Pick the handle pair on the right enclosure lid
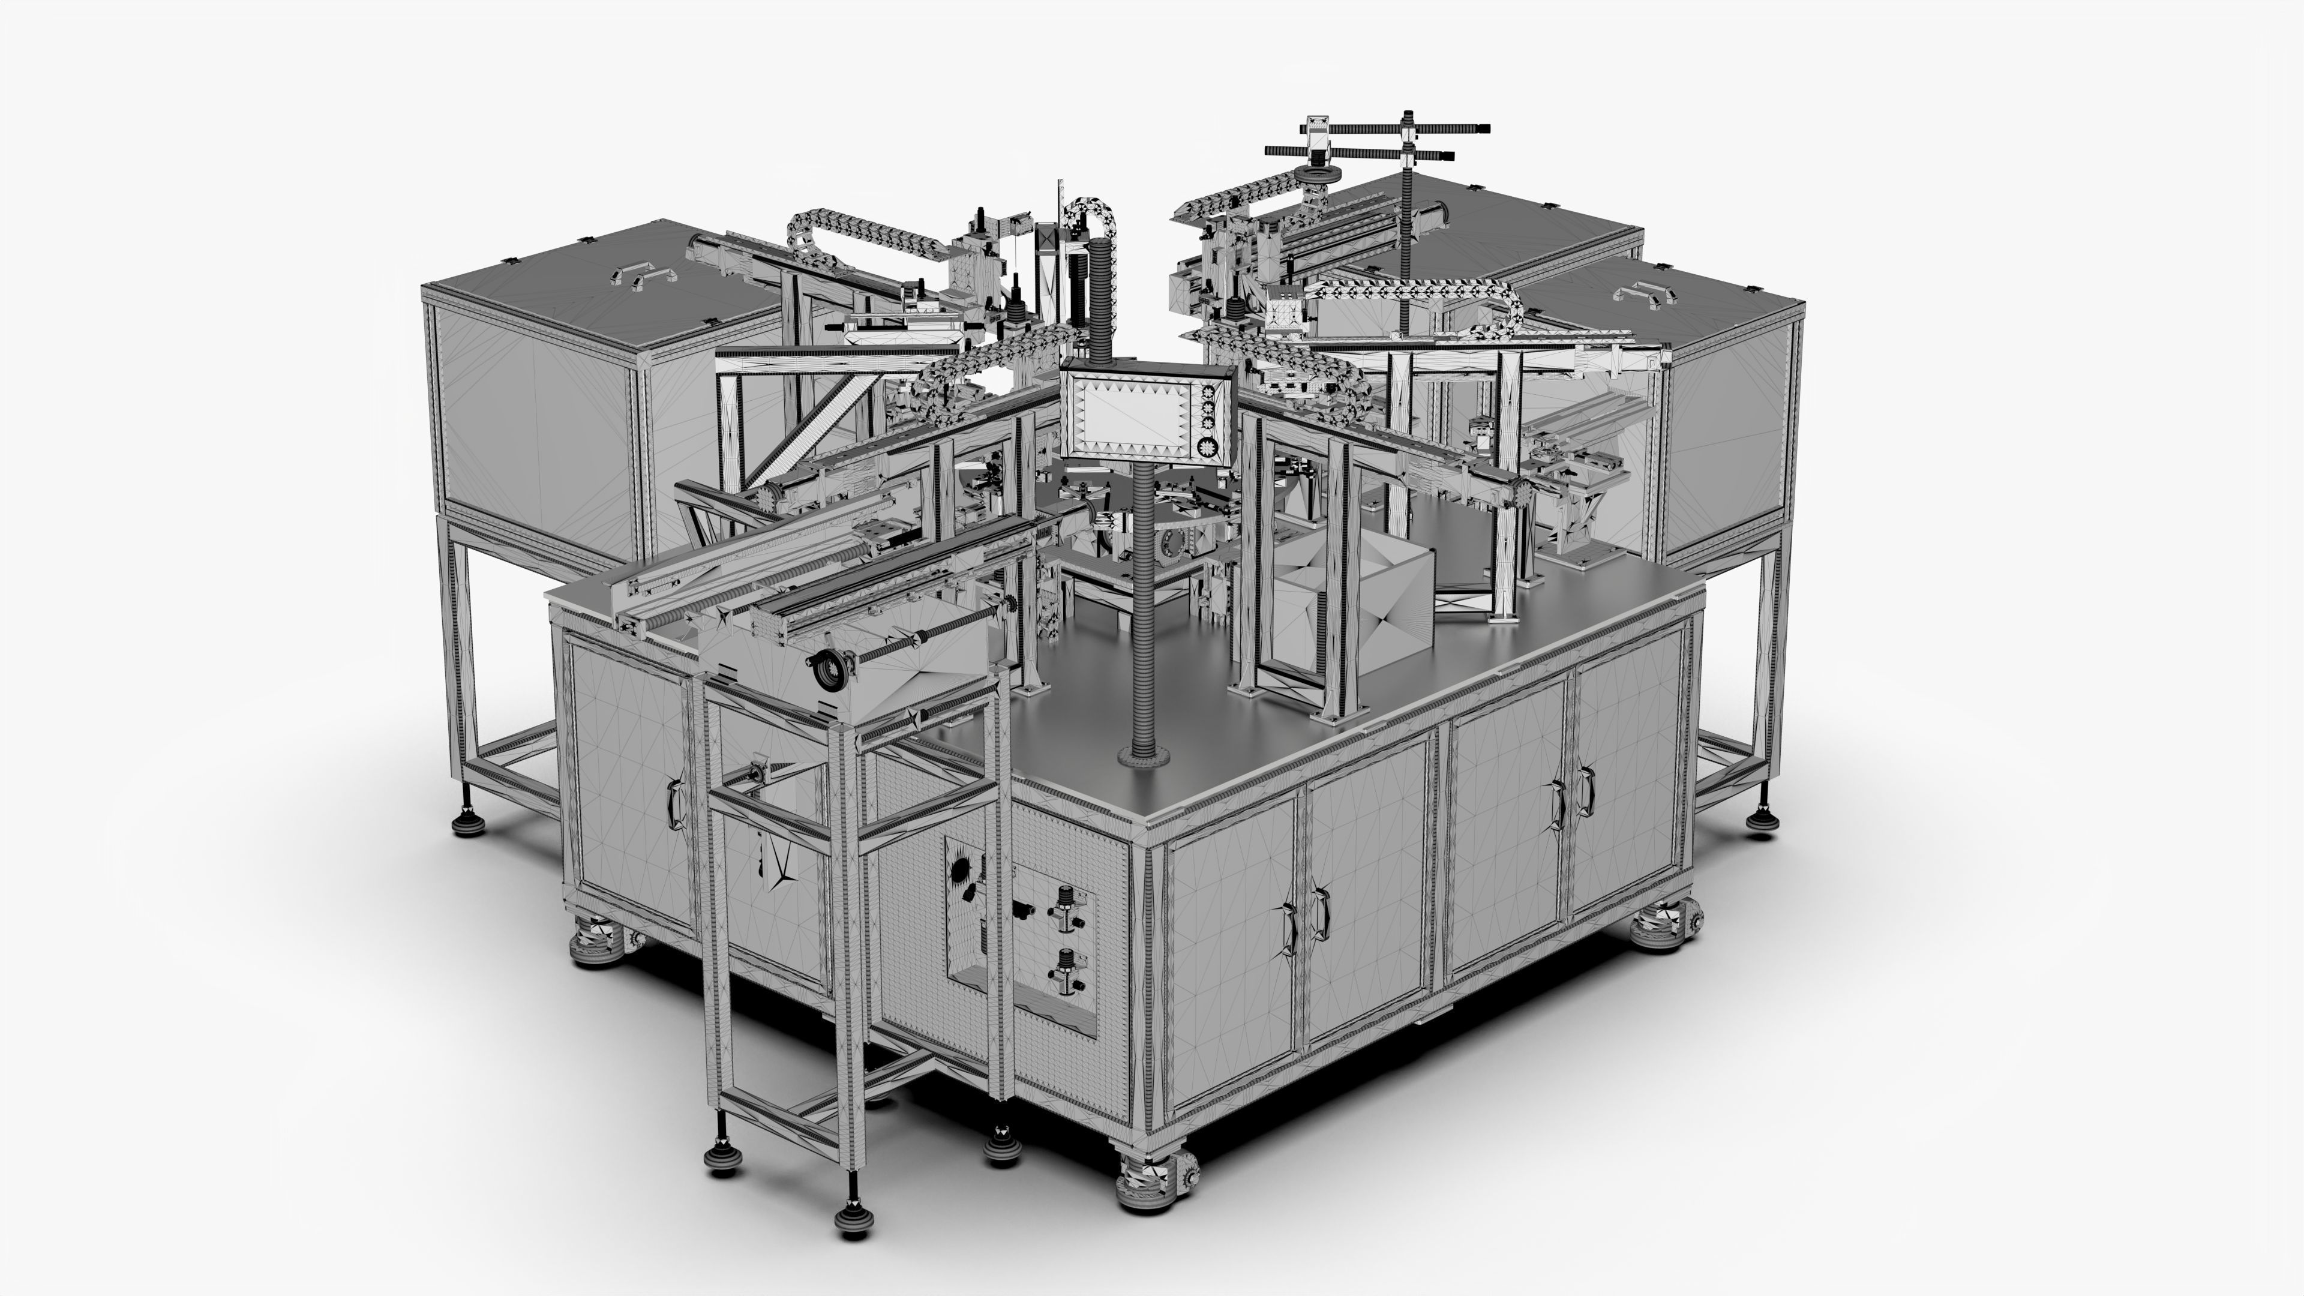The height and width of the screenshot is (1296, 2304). coord(1644,292)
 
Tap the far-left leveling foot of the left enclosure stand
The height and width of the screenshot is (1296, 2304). coord(468,821)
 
